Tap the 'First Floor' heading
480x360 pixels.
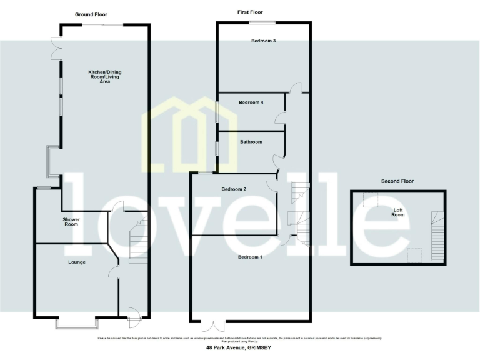click(x=250, y=12)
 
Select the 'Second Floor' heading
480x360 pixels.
click(x=397, y=181)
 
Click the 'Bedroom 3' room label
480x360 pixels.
click(x=264, y=41)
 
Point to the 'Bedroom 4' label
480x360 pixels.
click(x=251, y=102)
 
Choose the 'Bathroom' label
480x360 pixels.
click(x=251, y=142)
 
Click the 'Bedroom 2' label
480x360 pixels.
click(x=234, y=189)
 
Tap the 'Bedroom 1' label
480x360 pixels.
click(x=250, y=257)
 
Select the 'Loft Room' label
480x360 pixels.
click(x=398, y=212)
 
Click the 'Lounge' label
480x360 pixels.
click(x=77, y=262)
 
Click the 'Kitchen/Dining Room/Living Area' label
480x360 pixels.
click(x=104, y=77)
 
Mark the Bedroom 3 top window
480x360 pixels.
click(x=262, y=22)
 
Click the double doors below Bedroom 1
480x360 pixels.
click(x=213, y=326)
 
